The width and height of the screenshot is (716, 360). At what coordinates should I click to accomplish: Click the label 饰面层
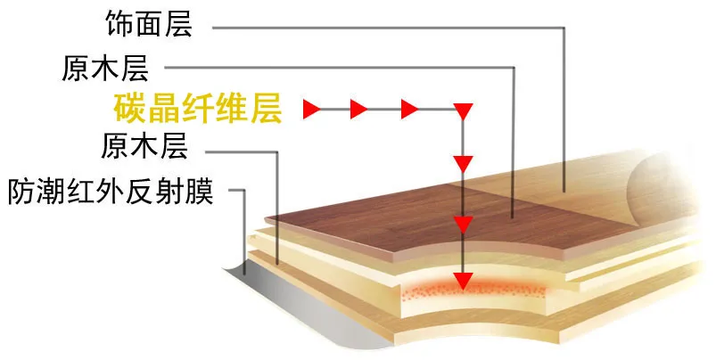point(161,25)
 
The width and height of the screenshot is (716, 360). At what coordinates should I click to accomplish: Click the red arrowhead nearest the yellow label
point(311,110)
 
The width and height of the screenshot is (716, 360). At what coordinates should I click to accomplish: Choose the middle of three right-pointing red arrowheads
point(359,110)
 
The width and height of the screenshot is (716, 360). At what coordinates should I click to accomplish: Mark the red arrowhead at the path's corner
point(462,111)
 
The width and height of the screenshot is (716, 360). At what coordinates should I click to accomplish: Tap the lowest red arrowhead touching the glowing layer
point(462,280)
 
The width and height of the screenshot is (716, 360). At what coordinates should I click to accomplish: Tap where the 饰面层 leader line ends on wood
point(564,190)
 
